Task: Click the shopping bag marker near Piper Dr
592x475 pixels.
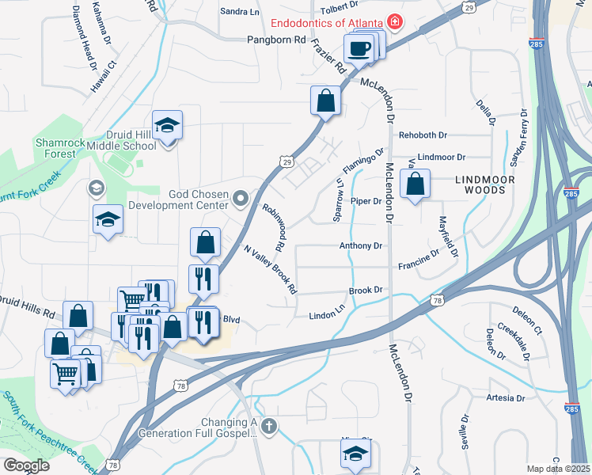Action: click(x=415, y=184)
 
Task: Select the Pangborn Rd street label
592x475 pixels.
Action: click(x=275, y=38)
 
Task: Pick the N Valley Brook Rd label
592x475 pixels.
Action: click(x=270, y=266)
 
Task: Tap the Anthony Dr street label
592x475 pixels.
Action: click(x=360, y=246)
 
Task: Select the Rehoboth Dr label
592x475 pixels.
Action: click(x=423, y=135)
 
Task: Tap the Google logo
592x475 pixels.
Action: click(x=26, y=465)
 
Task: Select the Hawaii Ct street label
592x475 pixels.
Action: click(x=104, y=77)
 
